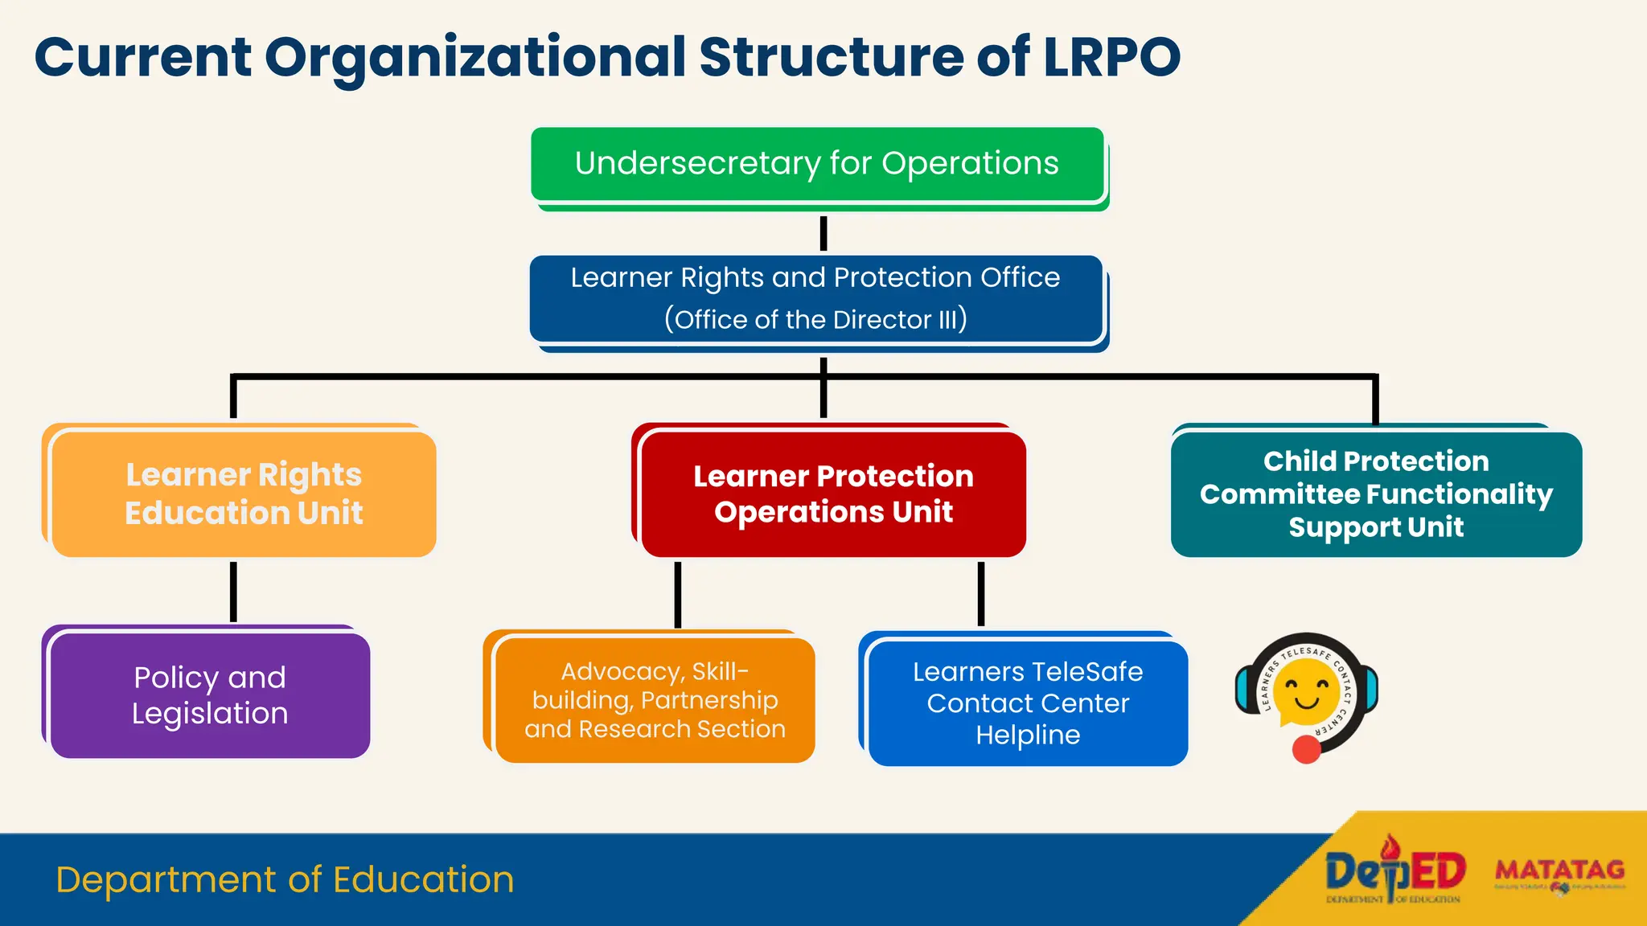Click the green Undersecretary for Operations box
[x=817, y=164]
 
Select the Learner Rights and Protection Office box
[x=815, y=298]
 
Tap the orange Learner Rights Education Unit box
[x=244, y=494]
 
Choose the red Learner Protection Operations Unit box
[x=833, y=494]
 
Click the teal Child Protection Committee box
[x=1376, y=494]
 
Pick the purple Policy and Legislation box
[x=210, y=695]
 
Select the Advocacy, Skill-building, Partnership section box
[x=655, y=699]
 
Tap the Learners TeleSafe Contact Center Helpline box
[x=1028, y=703]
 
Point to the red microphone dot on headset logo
[x=1306, y=749]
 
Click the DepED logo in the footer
[x=1394, y=873]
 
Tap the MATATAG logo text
[x=1559, y=870]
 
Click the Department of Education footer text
[x=285, y=879]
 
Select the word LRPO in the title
[x=1111, y=58]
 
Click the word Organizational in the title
[x=474, y=58]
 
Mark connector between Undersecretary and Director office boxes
[x=823, y=234]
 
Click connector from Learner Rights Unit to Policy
[x=233, y=592]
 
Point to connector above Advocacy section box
[x=678, y=594]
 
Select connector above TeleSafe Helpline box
[x=981, y=594]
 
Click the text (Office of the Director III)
[x=815, y=319]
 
